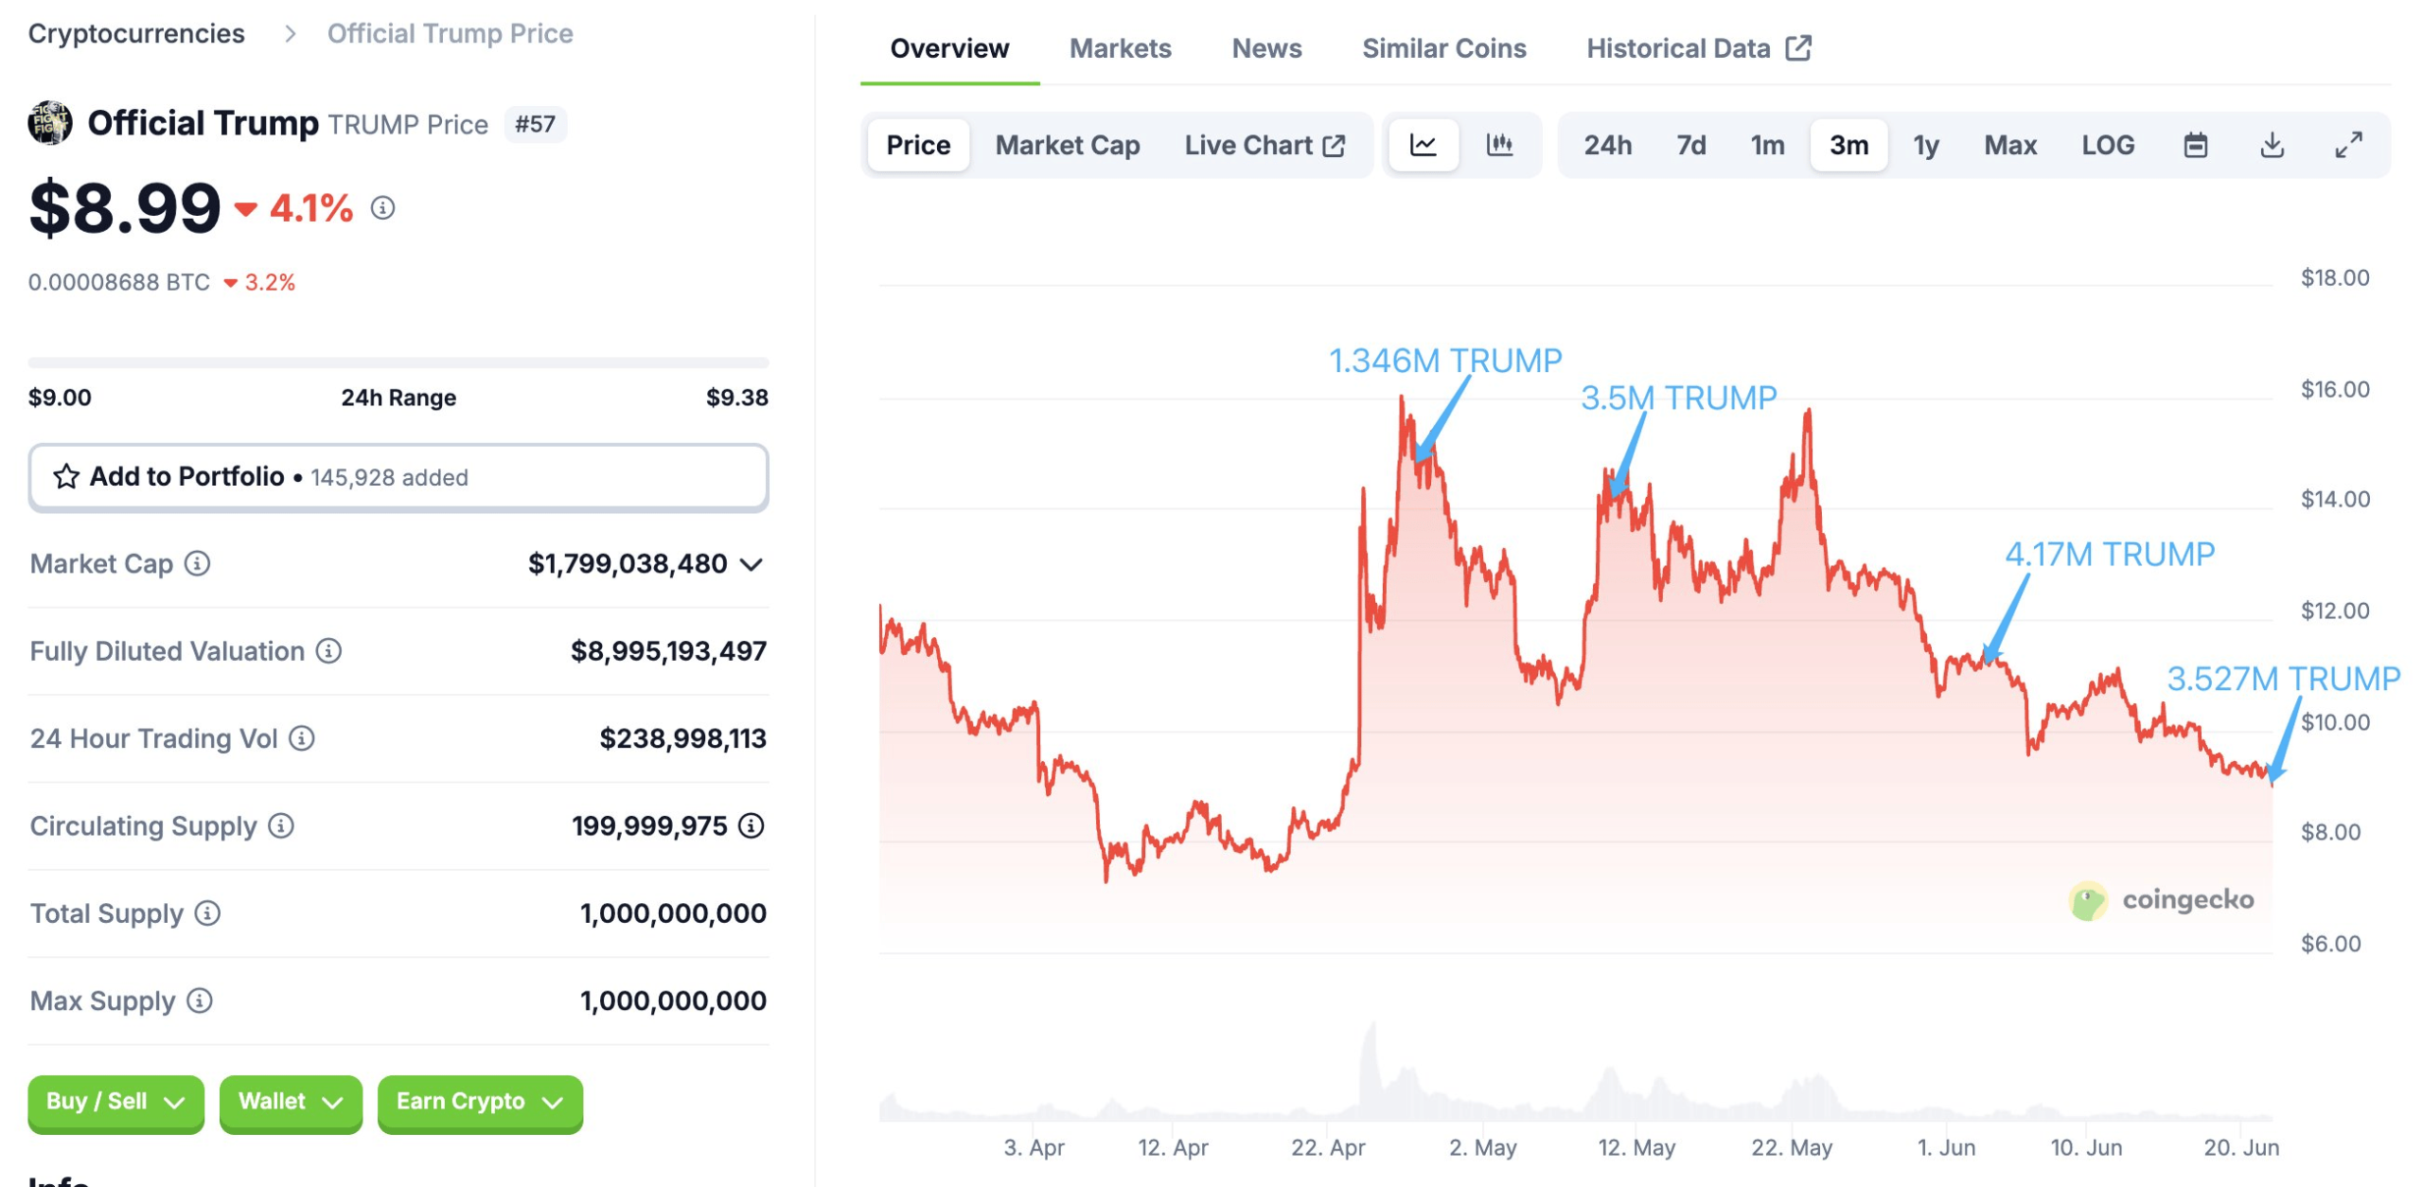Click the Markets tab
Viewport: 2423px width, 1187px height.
(x=1120, y=48)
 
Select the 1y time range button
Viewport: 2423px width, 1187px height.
(x=1925, y=145)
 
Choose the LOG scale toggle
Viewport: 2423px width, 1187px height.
(x=2107, y=145)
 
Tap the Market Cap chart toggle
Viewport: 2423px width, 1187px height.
(x=1067, y=145)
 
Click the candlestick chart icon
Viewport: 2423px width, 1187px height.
(x=1499, y=145)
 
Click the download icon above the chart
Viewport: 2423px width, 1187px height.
(x=2272, y=145)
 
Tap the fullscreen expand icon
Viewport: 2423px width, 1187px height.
(x=2348, y=145)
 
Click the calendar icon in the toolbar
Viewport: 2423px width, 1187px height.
(x=2195, y=145)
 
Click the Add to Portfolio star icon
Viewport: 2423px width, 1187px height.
(x=66, y=476)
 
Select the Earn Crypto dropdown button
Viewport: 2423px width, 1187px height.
(x=479, y=1102)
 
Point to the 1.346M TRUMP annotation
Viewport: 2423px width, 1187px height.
(x=1444, y=361)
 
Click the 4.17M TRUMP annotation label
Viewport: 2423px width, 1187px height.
(x=2110, y=555)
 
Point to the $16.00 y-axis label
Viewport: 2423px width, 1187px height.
(x=2335, y=389)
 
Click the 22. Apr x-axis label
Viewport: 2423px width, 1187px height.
(x=1327, y=1148)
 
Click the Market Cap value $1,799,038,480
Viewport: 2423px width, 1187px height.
(x=628, y=564)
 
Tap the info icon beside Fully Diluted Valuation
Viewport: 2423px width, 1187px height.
(x=328, y=651)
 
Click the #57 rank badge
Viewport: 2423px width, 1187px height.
(x=535, y=124)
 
